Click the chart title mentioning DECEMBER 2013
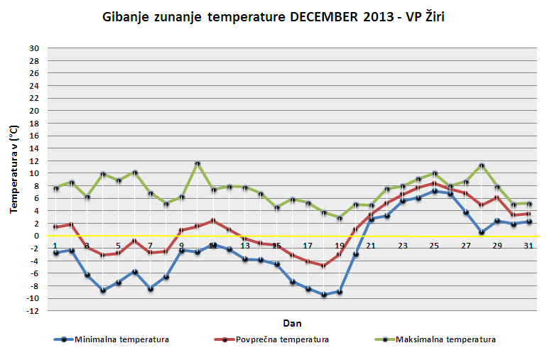(x=273, y=16)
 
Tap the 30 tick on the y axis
(x=33, y=48)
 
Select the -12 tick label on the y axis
(x=31, y=310)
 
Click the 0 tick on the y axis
(x=36, y=236)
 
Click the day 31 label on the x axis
(x=528, y=245)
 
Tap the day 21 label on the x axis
(x=370, y=245)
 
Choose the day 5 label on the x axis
(x=119, y=245)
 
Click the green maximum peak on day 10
(x=197, y=164)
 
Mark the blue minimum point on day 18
(x=323, y=294)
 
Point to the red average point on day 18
(x=323, y=266)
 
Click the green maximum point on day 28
(x=481, y=165)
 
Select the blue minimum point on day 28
(x=481, y=232)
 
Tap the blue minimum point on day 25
(x=434, y=191)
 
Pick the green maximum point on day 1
(x=55, y=188)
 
